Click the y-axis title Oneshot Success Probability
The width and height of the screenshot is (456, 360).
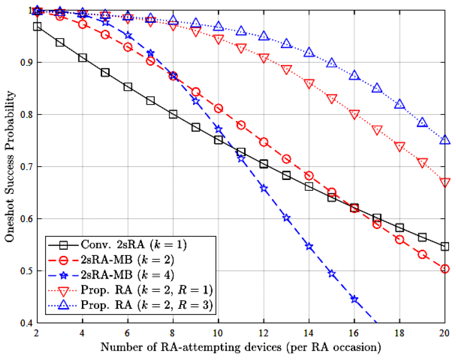point(9,167)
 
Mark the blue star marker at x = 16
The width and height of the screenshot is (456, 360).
point(354,299)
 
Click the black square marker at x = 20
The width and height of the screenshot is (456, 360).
point(445,246)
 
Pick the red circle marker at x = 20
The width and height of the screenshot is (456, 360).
point(445,269)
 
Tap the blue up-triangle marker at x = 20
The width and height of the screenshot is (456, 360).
point(445,140)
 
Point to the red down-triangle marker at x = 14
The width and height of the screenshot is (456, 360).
point(309,84)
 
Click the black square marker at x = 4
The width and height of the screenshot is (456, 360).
point(82,58)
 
